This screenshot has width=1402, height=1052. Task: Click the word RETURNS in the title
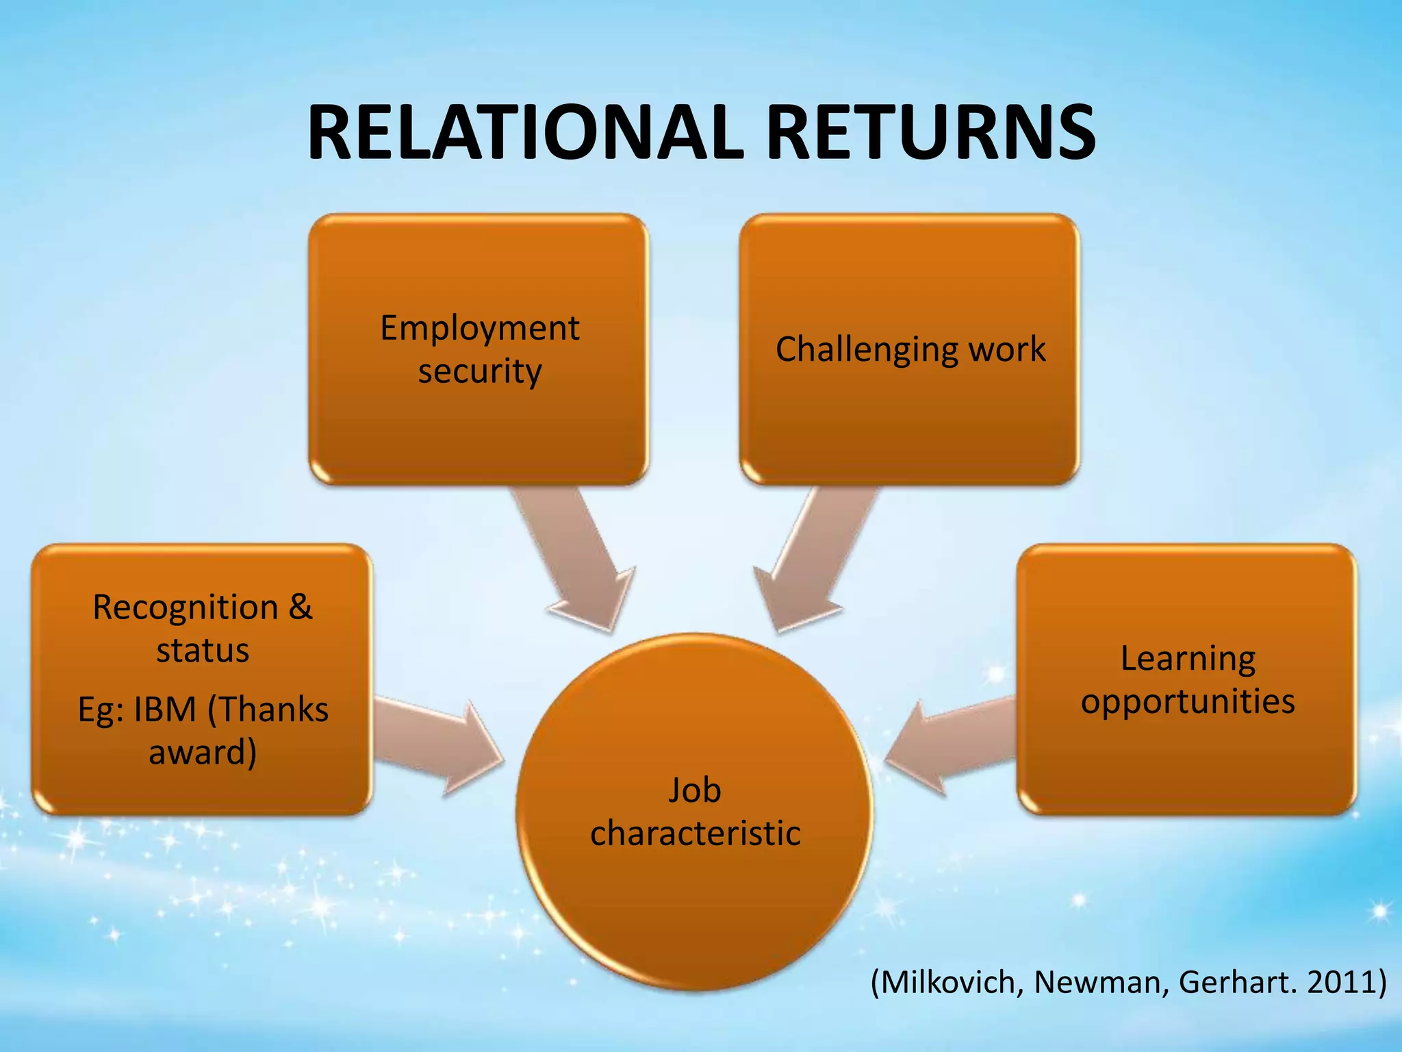click(x=931, y=133)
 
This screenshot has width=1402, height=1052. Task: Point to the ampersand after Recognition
click(x=301, y=607)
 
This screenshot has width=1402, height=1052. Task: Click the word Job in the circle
click(x=694, y=790)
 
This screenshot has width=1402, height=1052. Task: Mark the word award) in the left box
click(x=203, y=752)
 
